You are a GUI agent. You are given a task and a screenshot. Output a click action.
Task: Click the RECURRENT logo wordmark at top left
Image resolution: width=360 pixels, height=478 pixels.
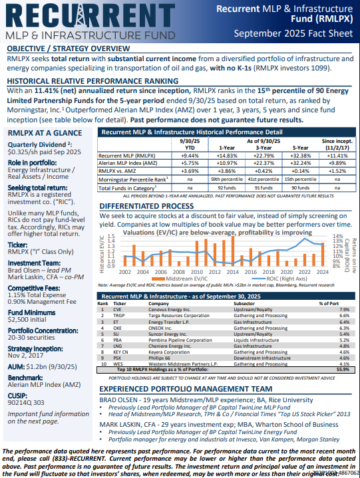click(90, 16)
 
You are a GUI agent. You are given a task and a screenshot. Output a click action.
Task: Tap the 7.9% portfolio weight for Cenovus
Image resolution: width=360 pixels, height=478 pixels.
click(343, 309)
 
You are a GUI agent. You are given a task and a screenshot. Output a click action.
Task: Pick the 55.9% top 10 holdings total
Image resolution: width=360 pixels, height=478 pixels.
click(342, 369)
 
